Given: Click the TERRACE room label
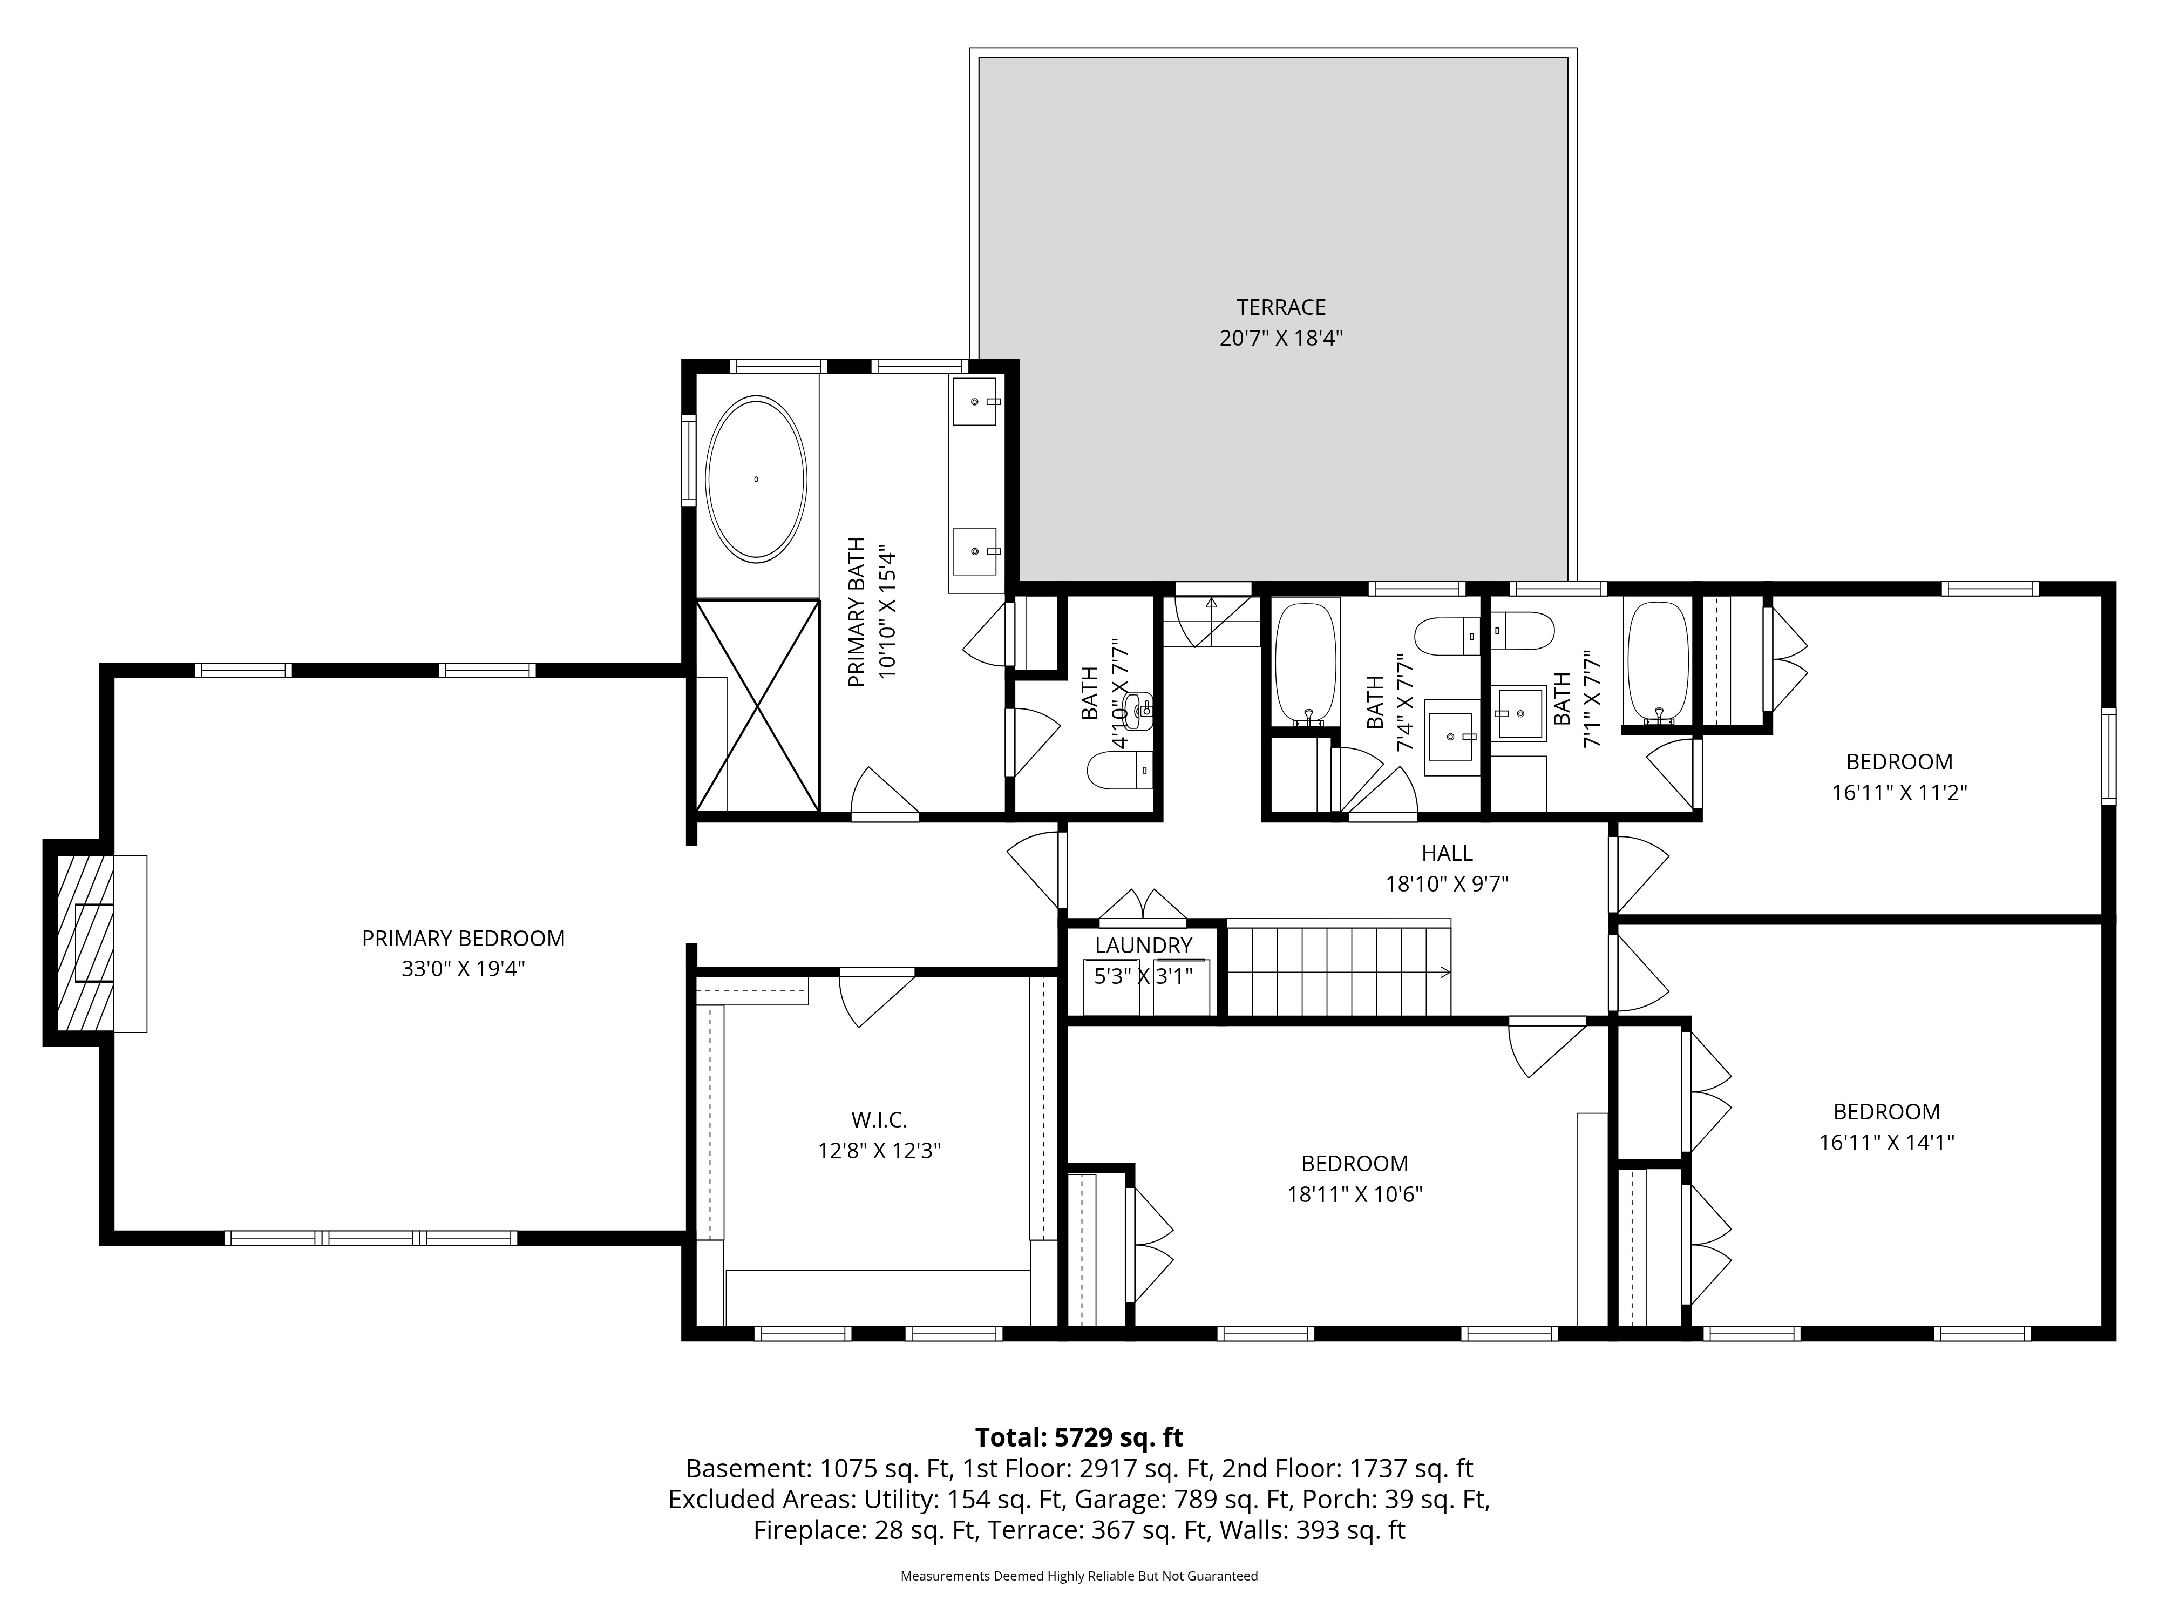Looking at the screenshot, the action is click(1281, 308).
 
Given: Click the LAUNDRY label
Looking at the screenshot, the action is click(1143, 945).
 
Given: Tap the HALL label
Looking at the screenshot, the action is click(1447, 853).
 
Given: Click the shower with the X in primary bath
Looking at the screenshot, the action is click(757, 705).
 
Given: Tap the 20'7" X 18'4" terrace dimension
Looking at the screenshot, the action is click(1281, 339).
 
